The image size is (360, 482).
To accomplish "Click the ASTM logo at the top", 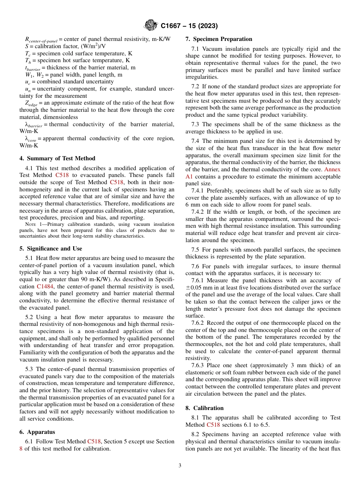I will click(151, 26).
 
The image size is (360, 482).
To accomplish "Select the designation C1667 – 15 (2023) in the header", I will click(189, 26).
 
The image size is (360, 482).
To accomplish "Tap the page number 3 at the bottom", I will click(180, 465).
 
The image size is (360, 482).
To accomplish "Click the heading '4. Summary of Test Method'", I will click(57, 158).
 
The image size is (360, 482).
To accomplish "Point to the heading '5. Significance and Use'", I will click(50, 249).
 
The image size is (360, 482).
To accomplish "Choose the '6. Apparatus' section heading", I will click(37, 432).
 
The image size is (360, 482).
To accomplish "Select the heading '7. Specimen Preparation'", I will click(219, 39).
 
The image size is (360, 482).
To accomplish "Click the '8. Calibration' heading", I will click(205, 408).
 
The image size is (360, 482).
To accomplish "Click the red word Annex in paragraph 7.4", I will click(332, 169).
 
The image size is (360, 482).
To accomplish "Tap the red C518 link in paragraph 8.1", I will click(213, 425).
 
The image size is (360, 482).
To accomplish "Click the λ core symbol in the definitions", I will click(31, 139).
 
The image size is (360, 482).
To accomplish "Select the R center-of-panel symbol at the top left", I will click(41, 39).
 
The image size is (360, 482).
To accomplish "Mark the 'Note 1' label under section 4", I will click(28, 224).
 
